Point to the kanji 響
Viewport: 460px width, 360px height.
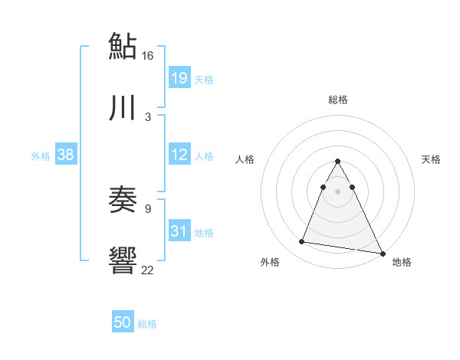pyautogui.click(x=123, y=260)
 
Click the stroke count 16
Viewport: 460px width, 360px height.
pyautogui.click(x=148, y=56)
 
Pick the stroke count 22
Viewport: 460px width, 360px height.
pyautogui.click(x=148, y=270)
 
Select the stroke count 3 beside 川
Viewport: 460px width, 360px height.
pyautogui.click(x=148, y=117)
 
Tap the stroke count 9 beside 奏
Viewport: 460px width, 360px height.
pyautogui.click(x=148, y=208)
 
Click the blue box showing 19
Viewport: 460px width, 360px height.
pyautogui.click(x=179, y=78)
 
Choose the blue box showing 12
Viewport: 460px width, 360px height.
pyautogui.click(x=179, y=155)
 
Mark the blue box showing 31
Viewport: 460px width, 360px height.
pyautogui.click(x=179, y=231)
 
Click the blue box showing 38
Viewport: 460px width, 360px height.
pyautogui.click(x=65, y=155)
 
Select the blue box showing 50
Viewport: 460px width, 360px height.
pyautogui.click(x=123, y=322)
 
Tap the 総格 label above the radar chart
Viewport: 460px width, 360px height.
pyautogui.click(x=338, y=100)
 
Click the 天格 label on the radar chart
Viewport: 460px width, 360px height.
pyautogui.click(x=432, y=159)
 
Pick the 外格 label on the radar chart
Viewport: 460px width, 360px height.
pyautogui.click(x=270, y=262)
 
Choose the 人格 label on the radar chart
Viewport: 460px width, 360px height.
pyautogui.click(x=245, y=159)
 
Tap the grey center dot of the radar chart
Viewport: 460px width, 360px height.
pyautogui.click(x=337, y=190)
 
